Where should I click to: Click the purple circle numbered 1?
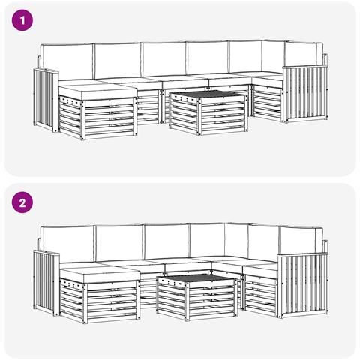tap(22, 20)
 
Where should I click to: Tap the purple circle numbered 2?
tap(22, 202)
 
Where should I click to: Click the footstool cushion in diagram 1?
tap(98, 91)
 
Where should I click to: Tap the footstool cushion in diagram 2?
tap(100, 273)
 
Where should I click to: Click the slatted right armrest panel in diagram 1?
tap(305, 94)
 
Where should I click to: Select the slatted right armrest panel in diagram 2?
tap(303, 285)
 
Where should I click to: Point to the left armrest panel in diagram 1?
tap(45, 99)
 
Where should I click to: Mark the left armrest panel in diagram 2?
tap(46, 283)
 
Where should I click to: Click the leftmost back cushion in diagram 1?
tap(67, 61)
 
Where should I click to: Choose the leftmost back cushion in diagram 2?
tap(68, 244)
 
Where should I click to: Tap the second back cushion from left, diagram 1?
tap(118, 61)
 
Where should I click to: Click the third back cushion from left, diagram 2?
tap(166, 241)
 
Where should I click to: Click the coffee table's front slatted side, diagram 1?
tap(223, 115)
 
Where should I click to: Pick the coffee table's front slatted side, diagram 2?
tap(211, 298)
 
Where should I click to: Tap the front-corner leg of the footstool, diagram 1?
tap(83, 119)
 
